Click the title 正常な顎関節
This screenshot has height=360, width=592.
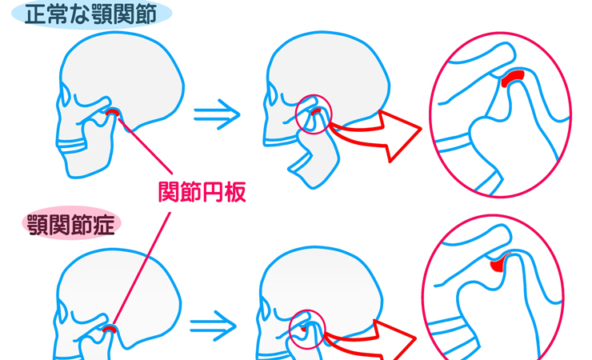click(x=90, y=14)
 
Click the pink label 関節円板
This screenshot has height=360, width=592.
click(x=202, y=192)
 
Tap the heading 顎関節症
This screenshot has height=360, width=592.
click(x=71, y=225)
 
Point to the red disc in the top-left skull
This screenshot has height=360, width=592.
click(x=113, y=112)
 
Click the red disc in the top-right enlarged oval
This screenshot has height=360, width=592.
click(x=512, y=78)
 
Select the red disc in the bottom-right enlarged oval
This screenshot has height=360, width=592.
click(x=498, y=264)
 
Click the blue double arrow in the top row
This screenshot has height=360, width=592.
click(x=217, y=114)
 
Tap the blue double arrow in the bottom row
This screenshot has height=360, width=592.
click(x=213, y=326)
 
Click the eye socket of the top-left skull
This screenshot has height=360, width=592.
click(x=65, y=94)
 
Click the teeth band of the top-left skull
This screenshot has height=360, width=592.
click(x=71, y=146)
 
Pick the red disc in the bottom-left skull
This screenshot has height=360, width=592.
click(x=110, y=329)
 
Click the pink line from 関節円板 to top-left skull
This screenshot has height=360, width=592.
click(x=146, y=146)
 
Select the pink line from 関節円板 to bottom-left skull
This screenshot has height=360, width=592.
click(x=142, y=269)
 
